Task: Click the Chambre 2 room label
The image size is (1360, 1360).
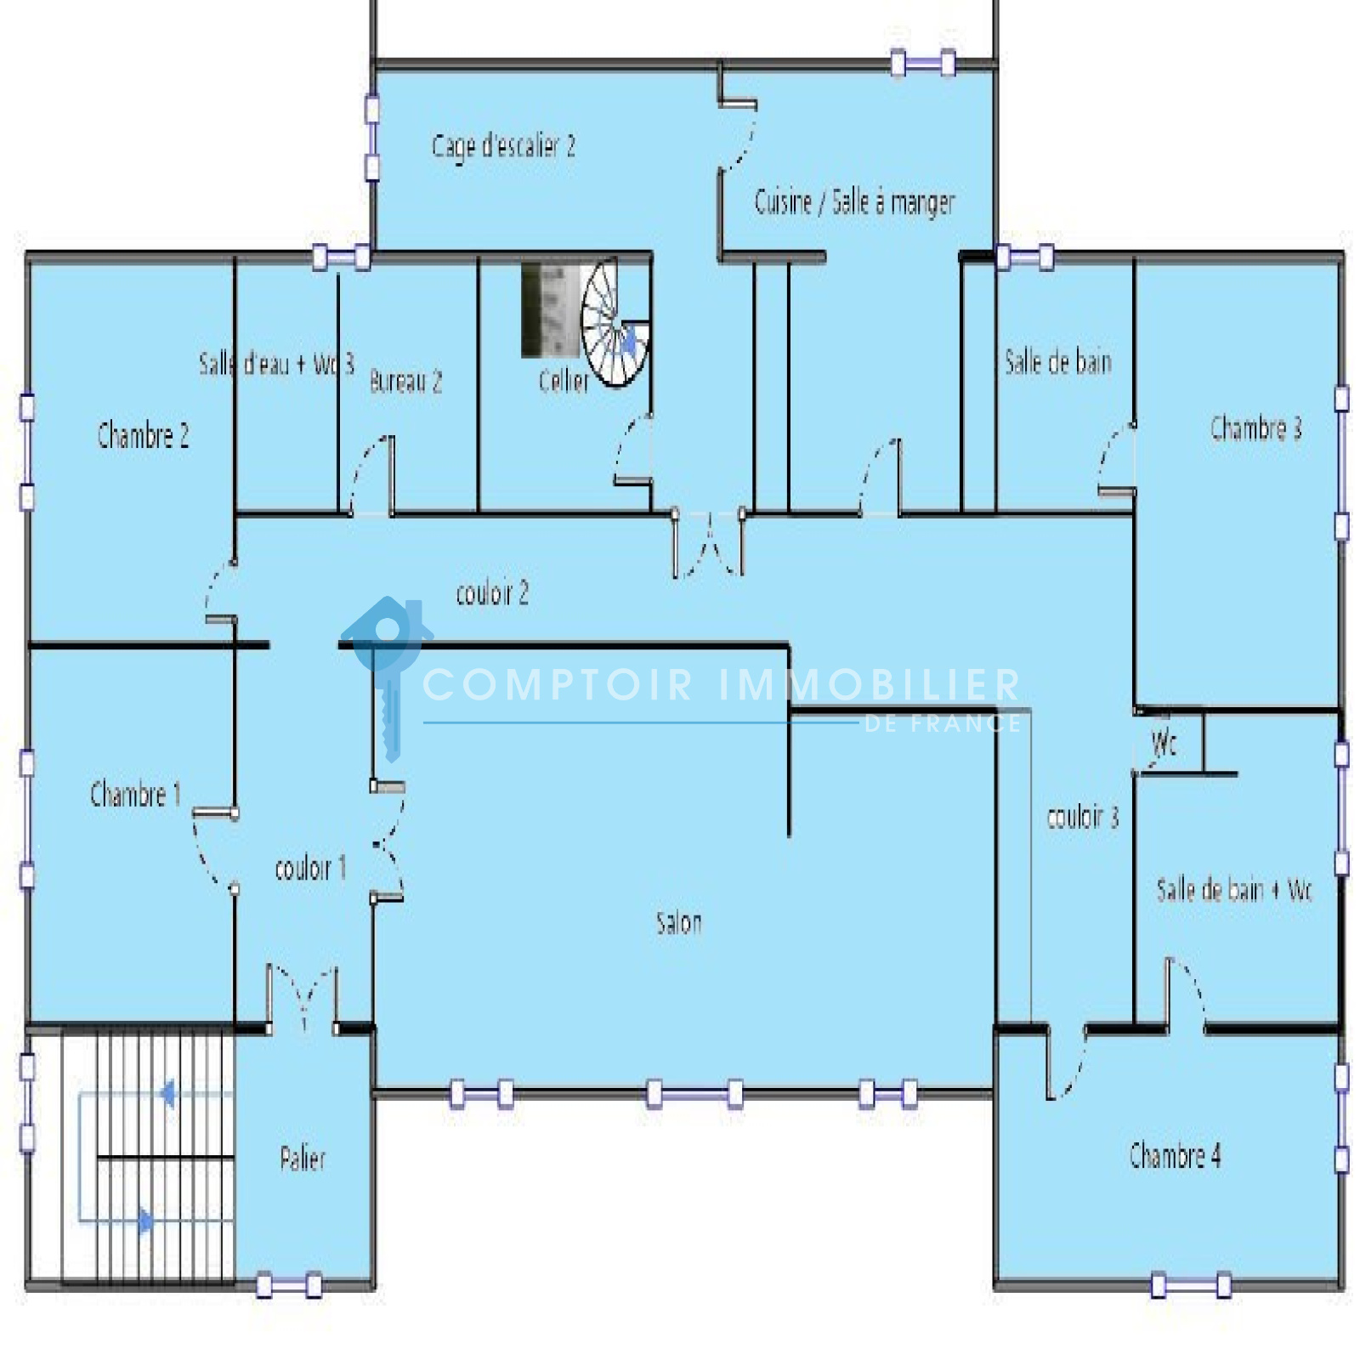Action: coord(143,435)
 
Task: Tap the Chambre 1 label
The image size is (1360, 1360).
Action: coord(135,794)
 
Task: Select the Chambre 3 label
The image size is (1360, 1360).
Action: coord(1255,428)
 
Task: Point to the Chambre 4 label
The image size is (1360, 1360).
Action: coord(1175,1155)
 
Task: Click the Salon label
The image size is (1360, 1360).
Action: coord(679,922)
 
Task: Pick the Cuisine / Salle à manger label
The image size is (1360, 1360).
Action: coord(854,202)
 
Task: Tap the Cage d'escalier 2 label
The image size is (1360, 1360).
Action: coord(503,146)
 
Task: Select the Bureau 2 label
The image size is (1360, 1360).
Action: coord(405,381)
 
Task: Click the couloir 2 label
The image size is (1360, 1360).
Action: coord(492,592)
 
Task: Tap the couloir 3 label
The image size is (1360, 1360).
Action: coord(1082,816)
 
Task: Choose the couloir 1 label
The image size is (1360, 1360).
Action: coord(310,868)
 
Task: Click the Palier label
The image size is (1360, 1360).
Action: coord(303,1158)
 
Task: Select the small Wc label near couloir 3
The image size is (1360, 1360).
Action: coord(1164,744)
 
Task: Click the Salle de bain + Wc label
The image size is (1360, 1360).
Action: coord(1234,890)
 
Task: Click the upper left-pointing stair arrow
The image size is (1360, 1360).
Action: coord(167,1093)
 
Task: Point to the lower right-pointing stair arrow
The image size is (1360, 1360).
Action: coord(146,1221)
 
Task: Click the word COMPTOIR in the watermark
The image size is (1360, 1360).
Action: coord(558,684)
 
